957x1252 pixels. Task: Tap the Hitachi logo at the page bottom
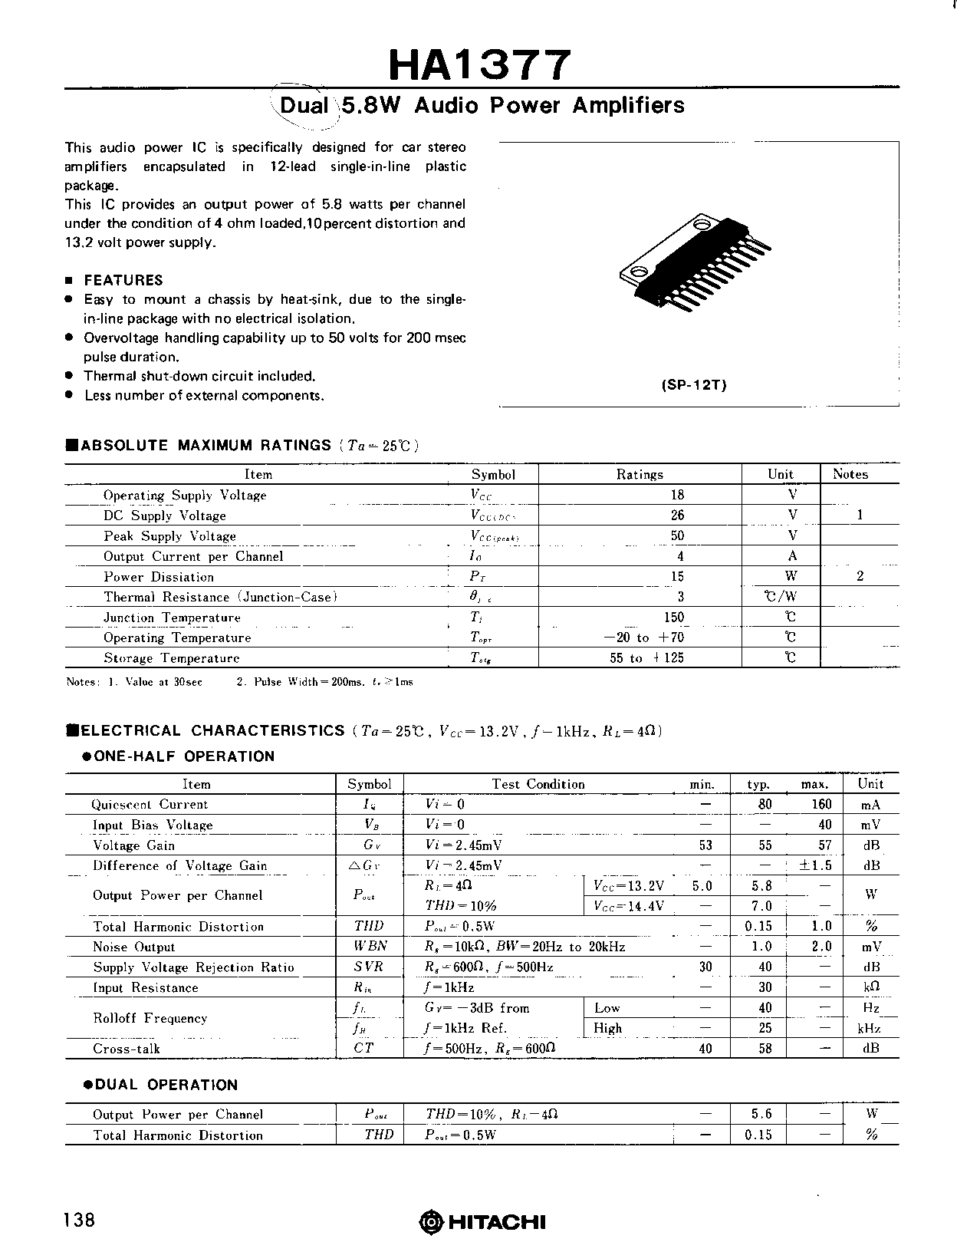pos(482,1221)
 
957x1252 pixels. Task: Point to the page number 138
pos(80,1220)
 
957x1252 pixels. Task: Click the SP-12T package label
pos(693,385)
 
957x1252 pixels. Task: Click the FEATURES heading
pos(123,280)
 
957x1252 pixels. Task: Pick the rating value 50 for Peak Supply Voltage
pos(677,535)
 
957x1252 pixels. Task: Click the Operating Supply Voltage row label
pos(185,495)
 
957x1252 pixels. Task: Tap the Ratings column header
pos(640,474)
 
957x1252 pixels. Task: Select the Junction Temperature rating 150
pos(674,617)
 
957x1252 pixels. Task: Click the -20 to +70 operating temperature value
pos(644,637)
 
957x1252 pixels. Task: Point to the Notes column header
pos(850,474)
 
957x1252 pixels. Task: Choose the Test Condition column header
pos(538,784)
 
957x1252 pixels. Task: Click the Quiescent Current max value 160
pos(821,804)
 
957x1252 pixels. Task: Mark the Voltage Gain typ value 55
pos(765,845)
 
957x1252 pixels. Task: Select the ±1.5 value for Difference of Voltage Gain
pos(815,865)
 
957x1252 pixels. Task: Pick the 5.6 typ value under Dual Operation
pos(761,1114)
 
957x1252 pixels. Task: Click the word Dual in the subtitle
pos(304,105)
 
